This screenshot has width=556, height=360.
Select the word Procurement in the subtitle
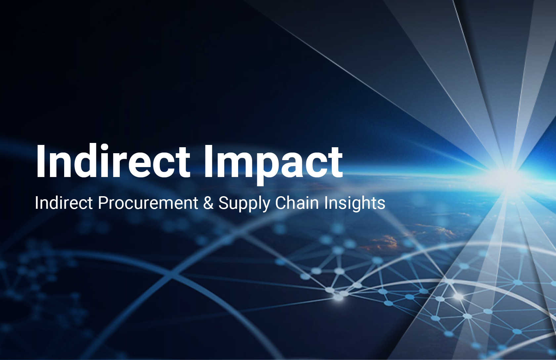point(148,203)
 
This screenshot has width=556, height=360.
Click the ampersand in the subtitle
point(208,203)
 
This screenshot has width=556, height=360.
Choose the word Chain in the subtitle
point(297,202)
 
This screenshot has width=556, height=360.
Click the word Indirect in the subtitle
point(64,203)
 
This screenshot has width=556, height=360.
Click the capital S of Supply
point(223,203)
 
